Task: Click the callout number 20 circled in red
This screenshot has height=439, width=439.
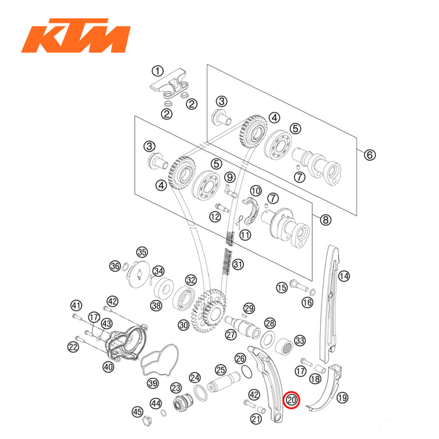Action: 292,400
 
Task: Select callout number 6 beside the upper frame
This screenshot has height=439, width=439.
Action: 369,155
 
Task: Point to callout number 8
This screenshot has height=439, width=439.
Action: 325,220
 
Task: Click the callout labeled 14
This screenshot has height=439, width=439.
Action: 344,276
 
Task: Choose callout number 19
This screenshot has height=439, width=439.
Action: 342,398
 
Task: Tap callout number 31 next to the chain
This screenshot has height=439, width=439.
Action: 238,265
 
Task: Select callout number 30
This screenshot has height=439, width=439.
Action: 183,325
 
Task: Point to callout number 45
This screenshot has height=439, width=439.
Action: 137,412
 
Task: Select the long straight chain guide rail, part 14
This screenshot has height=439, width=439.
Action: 331,303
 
